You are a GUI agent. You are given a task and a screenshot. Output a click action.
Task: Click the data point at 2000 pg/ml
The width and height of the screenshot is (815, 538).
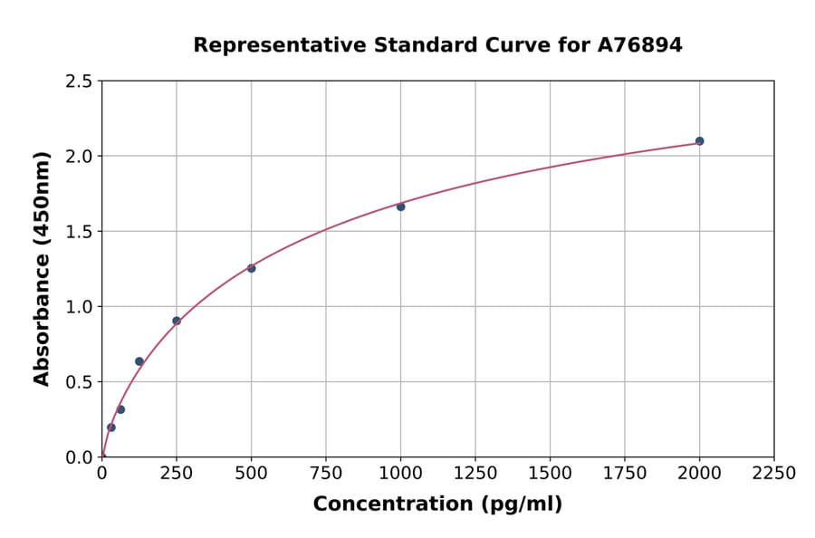coord(699,141)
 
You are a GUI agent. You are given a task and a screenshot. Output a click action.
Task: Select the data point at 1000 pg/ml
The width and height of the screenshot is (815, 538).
coord(400,207)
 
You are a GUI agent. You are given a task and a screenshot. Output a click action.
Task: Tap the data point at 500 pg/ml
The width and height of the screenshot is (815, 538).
coord(251,268)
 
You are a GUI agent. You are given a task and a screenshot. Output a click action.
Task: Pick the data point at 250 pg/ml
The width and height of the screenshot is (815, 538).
coord(177,321)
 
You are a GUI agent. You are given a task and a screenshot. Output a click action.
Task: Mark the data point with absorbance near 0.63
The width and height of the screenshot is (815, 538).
coord(139,361)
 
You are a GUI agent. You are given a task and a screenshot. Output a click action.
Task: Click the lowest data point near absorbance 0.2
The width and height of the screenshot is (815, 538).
coord(111,428)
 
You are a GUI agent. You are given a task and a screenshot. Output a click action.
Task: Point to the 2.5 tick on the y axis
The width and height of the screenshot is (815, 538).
coord(80,82)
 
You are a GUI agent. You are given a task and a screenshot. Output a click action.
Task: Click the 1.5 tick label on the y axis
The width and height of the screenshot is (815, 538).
coord(80,232)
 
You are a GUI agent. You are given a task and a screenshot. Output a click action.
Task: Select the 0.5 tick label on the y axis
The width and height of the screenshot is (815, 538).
coord(80,382)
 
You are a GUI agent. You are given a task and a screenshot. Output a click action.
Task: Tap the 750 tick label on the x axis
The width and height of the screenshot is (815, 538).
coord(326,474)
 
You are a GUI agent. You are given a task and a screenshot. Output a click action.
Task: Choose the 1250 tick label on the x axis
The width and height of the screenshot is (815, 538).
coord(475,474)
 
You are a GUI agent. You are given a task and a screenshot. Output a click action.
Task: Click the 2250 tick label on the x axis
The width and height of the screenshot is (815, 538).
coord(773,474)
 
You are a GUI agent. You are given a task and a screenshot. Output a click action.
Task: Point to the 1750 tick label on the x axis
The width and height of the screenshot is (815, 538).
coord(624,474)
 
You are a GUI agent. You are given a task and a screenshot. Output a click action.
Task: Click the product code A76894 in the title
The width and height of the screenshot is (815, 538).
coord(639,45)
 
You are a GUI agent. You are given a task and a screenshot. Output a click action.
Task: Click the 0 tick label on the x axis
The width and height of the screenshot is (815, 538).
coord(101,474)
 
